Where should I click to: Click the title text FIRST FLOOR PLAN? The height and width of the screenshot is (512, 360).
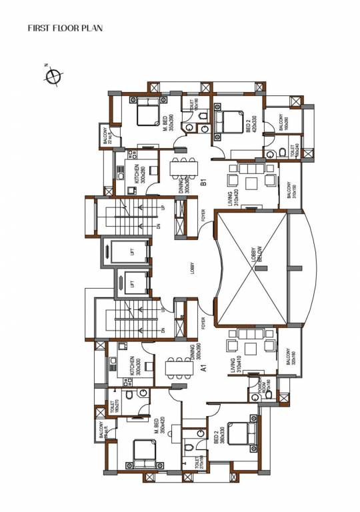coord(64,29)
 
